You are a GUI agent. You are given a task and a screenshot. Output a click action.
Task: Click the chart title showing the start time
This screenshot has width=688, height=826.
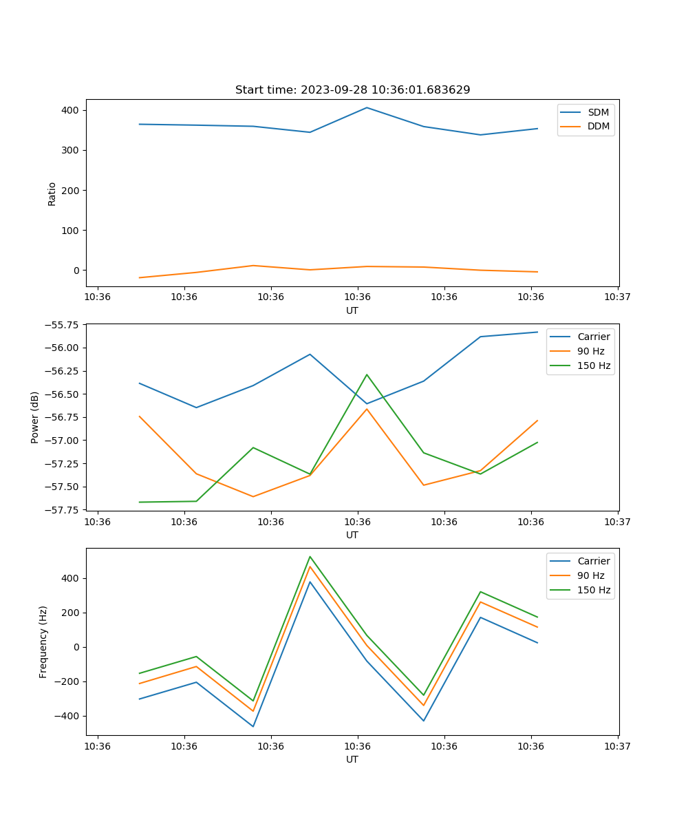[352, 90]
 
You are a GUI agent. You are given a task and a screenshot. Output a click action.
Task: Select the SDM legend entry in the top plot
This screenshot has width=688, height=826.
[598, 112]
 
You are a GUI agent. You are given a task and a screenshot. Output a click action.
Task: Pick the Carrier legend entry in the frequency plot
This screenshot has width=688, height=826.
[593, 561]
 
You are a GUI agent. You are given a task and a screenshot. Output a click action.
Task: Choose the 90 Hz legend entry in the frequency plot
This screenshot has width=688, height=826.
[590, 575]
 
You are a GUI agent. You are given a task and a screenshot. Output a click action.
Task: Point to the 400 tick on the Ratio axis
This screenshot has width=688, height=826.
[71, 110]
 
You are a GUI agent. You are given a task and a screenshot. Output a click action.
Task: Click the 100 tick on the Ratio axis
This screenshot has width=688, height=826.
[71, 230]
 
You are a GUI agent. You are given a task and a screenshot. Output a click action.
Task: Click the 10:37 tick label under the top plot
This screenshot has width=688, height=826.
[617, 297]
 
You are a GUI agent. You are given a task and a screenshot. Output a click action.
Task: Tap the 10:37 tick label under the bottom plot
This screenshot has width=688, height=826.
[617, 746]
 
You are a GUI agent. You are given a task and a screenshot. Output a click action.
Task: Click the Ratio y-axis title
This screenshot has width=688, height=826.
[52, 193]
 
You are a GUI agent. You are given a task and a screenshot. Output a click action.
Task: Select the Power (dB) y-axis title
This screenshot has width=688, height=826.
[35, 417]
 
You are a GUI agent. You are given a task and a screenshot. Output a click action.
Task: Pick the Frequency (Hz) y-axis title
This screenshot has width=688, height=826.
[43, 642]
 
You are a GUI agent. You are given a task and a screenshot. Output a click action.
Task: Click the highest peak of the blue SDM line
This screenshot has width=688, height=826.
[367, 107]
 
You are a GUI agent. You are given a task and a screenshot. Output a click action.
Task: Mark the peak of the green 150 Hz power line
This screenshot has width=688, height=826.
[367, 374]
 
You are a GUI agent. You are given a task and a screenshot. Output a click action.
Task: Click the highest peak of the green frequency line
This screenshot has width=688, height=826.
[310, 556]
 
